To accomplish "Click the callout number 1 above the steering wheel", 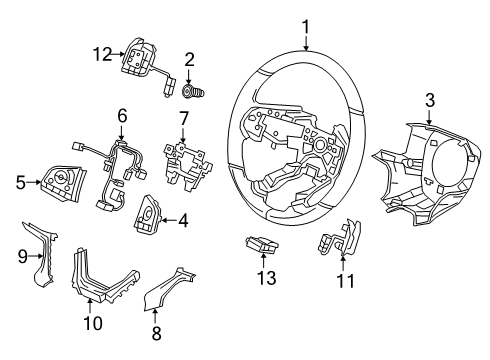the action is click(306, 27).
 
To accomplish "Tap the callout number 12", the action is click(103, 54).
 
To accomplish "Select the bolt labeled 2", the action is click(194, 91).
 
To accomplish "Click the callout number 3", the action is click(430, 100).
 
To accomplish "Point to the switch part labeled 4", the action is click(148, 213).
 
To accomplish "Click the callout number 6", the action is click(122, 116).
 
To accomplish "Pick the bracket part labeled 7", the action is click(188, 166).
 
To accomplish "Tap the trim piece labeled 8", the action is click(168, 289).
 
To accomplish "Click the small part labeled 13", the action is click(262, 245).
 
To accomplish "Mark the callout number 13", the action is click(266, 278).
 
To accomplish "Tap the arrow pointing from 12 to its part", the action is click(119, 54).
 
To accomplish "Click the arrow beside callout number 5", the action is click(34, 182).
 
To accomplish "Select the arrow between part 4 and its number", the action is click(169, 220).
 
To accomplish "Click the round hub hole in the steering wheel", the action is click(321, 145).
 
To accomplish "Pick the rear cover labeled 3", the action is click(427, 174).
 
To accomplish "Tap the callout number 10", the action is click(93, 323).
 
